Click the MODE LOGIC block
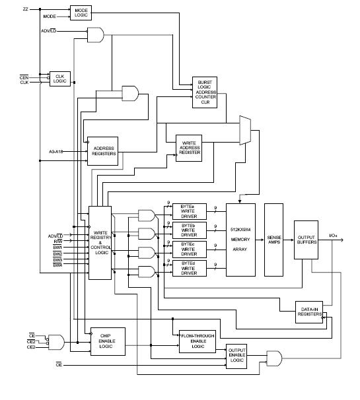click(x=81, y=13)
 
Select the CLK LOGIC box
click(x=59, y=79)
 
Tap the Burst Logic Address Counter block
click(x=204, y=92)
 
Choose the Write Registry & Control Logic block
click(x=101, y=242)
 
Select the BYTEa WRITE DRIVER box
click(x=188, y=211)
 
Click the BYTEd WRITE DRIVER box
click(x=188, y=268)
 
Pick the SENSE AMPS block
click(x=274, y=239)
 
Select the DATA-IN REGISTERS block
click(x=310, y=312)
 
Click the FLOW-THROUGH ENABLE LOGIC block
click(x=198, y=341)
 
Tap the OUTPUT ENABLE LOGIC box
click(x=236, y=356)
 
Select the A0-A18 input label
click(x=57, y=151)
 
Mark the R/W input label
click(x=58, y=241)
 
